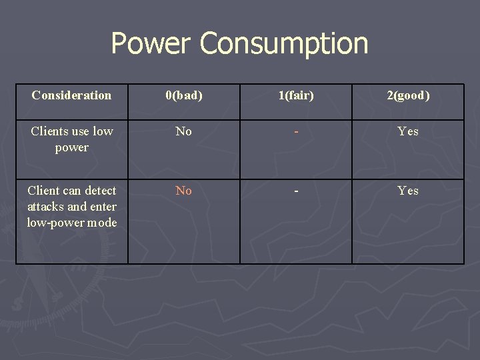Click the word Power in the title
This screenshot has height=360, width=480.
[151, 44]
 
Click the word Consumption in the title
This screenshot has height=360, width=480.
[283, 44]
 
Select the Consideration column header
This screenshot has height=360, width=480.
[71, 95]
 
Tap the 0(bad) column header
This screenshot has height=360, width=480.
[183, 95]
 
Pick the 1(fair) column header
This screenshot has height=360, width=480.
[296, 95]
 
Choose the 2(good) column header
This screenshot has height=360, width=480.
[408, 95]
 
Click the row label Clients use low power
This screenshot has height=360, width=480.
[71, 139]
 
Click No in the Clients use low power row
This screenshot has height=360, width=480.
[183, 131]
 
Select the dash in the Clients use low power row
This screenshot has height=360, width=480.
[296, 131]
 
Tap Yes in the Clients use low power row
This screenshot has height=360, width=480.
[408, 131]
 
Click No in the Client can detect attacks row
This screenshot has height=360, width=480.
[183, 191]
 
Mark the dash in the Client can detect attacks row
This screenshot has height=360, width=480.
[296, 191]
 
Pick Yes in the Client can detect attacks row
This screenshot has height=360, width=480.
[408, 191]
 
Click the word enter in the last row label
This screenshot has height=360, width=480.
[101, 207]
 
